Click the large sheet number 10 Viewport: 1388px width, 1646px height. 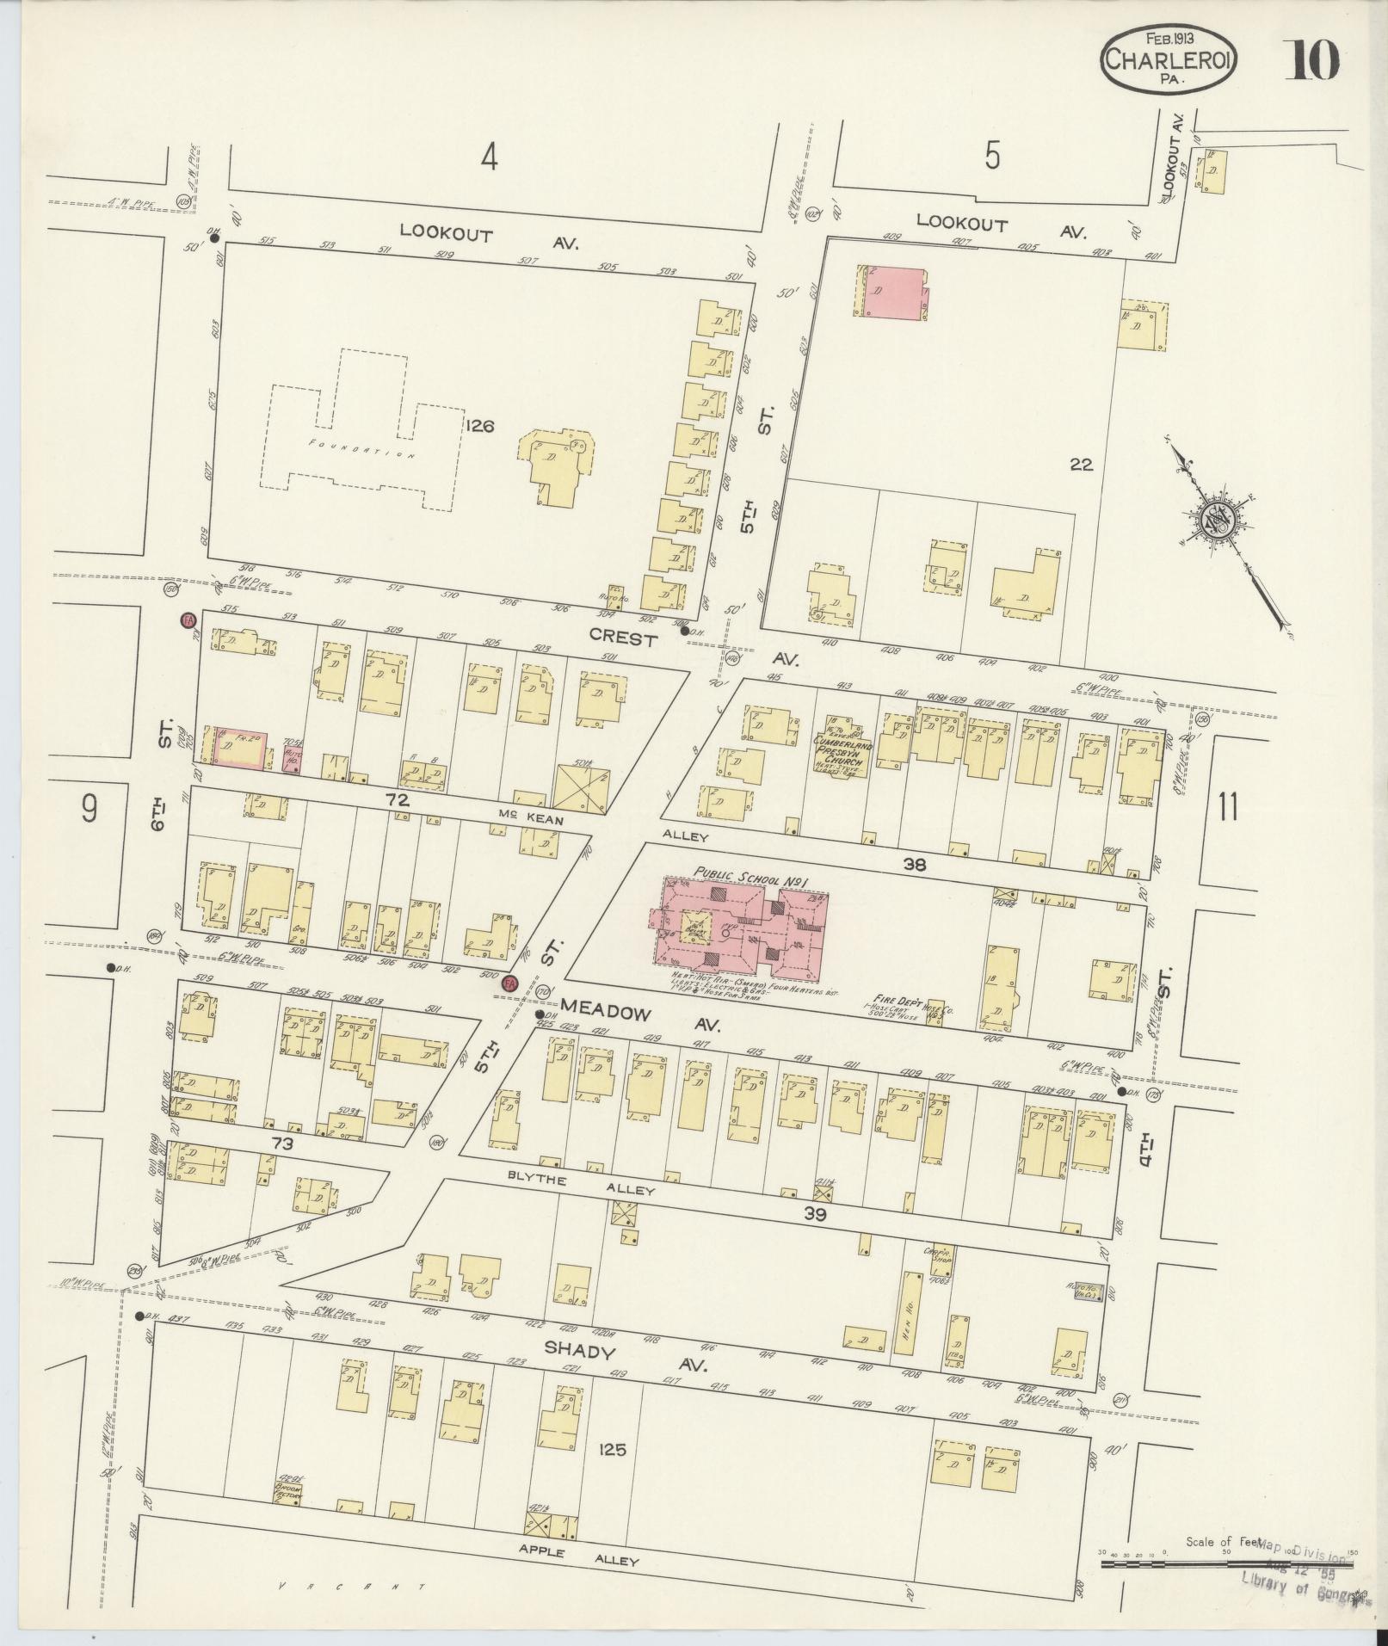[x=1311, y=59]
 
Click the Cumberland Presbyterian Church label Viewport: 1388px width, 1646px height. [x=844, y=750]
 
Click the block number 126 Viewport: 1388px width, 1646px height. [x=480, y=425]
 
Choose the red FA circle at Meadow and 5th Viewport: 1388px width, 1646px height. [x=510, y=983]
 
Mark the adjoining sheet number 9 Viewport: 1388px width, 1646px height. [x=89, y=808]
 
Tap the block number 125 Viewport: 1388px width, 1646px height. [x=608, y=1449]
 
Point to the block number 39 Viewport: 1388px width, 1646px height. [x=814, y=1213]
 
